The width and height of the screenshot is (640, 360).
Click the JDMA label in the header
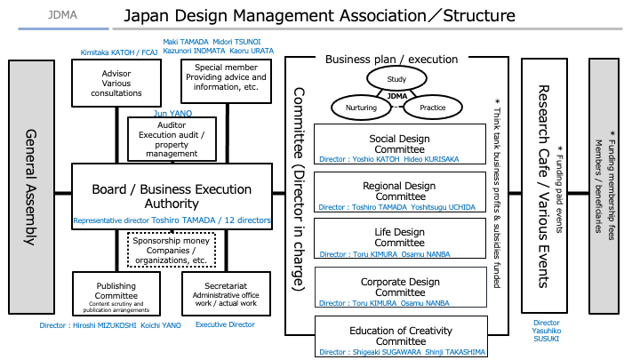[x=62, y=15]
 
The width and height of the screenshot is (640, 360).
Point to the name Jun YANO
[x=172, y=114]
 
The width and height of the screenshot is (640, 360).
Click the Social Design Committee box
[x=400, y=147]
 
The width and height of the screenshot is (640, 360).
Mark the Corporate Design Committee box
[x=400, y=289]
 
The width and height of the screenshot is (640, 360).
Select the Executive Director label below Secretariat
[x=225, y=325]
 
